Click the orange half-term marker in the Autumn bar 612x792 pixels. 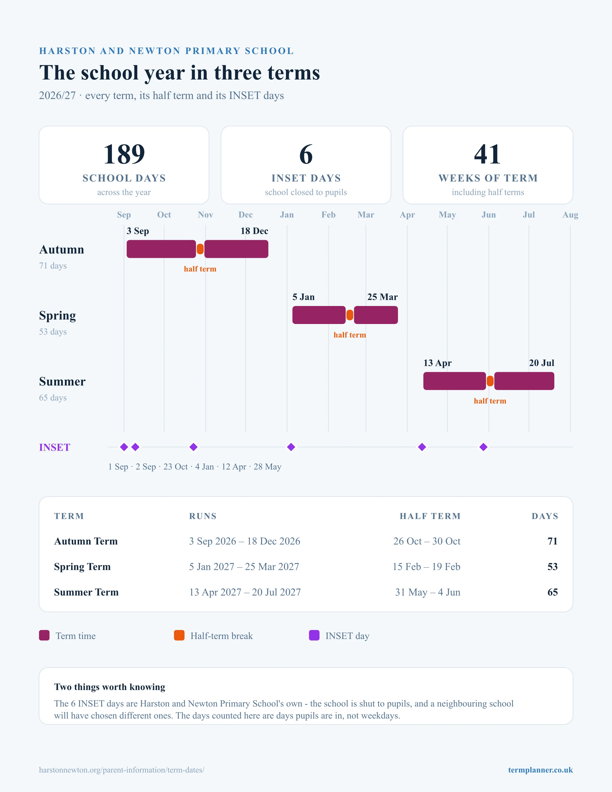pos(200,249)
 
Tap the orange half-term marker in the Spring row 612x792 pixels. pos(350,315)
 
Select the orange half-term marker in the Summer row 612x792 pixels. pos(490,381)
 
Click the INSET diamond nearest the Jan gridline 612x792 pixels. pos(291,447)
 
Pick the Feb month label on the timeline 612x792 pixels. pos(328,215)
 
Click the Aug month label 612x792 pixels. pos(570,215)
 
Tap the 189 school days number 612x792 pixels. pos(124,154)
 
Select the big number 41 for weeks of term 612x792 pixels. pos(488,154)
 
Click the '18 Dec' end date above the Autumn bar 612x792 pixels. pos(254,231)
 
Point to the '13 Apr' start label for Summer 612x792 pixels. pos(438,363)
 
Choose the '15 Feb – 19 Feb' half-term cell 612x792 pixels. pos(426,566)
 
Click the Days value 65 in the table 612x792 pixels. pos(553,592)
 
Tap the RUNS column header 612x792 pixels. pos(203,516)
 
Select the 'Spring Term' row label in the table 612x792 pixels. pos(82,566)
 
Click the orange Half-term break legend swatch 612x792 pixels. pos(179,635)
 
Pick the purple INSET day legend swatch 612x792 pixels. pos(314,635)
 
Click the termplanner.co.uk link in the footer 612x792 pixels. pos(540,770)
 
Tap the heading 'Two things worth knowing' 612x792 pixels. pos(109,687)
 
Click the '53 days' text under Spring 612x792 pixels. pos(53,332)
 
